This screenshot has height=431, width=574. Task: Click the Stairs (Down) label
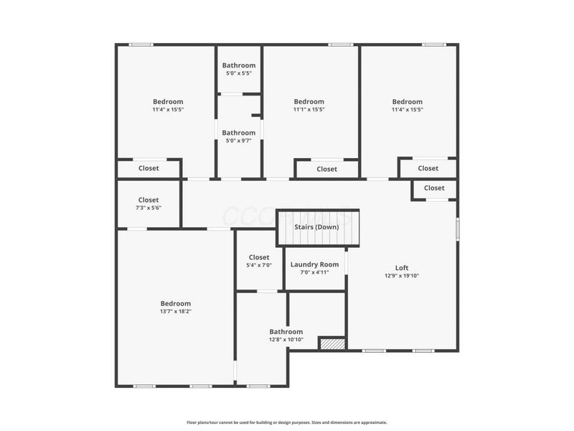coord(316,227)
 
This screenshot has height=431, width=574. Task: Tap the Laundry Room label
coord(314,264)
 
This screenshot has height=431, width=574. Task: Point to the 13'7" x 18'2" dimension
coord(176,311)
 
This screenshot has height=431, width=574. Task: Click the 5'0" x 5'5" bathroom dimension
coord(239,74)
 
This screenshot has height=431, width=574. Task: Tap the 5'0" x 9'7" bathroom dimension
coord(239,141)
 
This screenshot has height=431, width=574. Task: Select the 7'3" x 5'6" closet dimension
coord(149,208)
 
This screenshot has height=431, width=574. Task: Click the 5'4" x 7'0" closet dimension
coord(259,265)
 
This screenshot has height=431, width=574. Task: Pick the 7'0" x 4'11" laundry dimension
coord(314,272)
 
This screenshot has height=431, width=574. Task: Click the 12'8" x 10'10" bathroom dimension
coord(286,339)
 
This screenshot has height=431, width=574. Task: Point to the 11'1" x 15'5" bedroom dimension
coord(309,110)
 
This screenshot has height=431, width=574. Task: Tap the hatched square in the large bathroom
coord(332,344)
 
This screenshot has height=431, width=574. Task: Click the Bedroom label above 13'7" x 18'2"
coord(176,303)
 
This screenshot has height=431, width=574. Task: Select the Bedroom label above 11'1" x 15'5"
coord(309,102)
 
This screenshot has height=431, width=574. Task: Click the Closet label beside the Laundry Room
coord(259,257)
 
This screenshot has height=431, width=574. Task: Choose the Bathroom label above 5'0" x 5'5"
coord(239,66)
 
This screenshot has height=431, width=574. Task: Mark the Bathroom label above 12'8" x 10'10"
coord(286,331)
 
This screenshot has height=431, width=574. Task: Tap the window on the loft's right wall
coord(458,228)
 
